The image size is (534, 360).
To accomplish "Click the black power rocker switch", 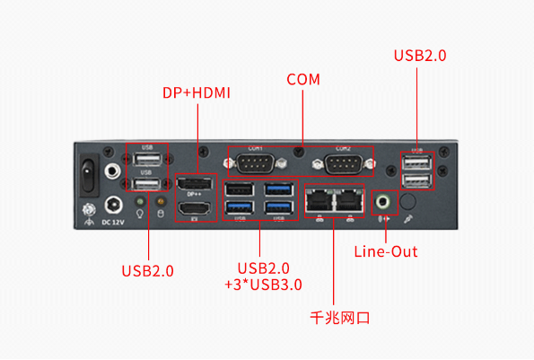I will [x=89, y=171].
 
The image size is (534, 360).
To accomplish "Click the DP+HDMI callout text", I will [x=197, y=92].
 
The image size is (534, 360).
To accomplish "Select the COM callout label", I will [x=303, y=80].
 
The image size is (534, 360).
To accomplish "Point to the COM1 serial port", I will [x=256, y=164].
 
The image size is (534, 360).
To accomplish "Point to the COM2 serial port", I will [x=343, y=164].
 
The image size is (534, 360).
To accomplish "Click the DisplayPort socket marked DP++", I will [x=195, y=185].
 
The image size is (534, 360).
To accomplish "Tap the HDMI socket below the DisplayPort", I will [x=195, y=209].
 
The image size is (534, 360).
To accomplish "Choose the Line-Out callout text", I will [x=386, y=251].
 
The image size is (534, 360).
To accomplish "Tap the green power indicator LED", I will [x=139, y=201].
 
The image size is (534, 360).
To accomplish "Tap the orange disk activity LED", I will [x=161, y=201].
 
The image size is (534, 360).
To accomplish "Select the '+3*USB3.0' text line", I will [x=263, y=285].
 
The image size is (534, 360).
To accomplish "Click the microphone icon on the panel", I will [x=409, y=218].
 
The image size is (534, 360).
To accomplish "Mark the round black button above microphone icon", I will [x=407, y=200].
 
